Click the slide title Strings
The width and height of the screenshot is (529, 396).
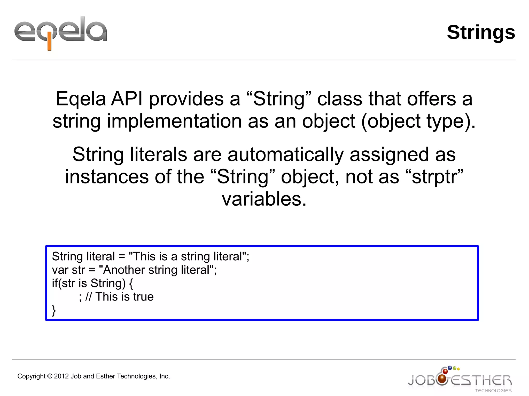[x=481, y=33]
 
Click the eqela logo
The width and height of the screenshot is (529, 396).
[x=60, y=32]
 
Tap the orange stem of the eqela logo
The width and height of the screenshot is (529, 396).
[x=49, y=44]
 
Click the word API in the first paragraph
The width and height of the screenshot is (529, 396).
[x=127, y=99]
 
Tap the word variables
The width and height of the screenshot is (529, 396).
[x=264, y=199]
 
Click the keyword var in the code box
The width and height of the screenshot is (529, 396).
[x=60, y=270]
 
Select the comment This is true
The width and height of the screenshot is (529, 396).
[x=125, y=297]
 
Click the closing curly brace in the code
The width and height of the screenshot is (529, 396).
[x=54, y=310]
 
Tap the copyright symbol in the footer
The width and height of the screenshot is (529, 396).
[x=50, y=376]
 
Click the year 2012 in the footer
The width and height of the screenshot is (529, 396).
[x=61, y=376]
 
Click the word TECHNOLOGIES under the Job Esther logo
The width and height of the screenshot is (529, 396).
[x=493, y=391]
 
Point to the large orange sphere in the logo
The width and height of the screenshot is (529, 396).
[x=442, y=379]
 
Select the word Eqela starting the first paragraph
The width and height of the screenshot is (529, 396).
[x=81, y=99]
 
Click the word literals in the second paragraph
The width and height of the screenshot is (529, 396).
[x=158, y=155]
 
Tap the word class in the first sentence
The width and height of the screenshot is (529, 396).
[x=340, y=99]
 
